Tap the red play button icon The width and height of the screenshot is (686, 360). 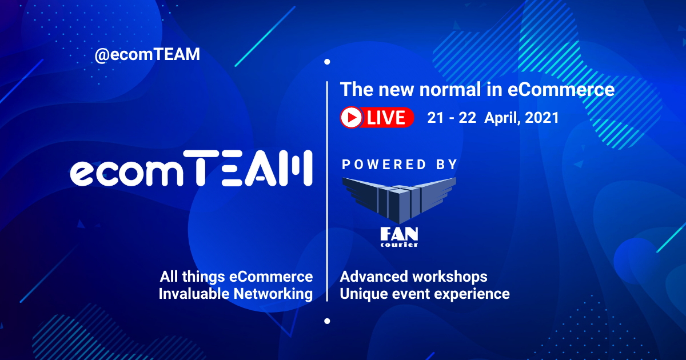point(351,118)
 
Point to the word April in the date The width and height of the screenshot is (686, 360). point(501,118)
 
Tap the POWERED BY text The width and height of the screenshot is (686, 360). point(400,165)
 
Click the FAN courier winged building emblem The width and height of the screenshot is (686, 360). point(399,197)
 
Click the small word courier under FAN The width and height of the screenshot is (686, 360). point(399,245)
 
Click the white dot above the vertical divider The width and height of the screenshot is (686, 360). point(327,62)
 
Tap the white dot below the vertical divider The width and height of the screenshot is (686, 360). point(327,321)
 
